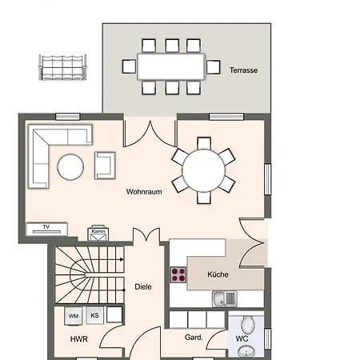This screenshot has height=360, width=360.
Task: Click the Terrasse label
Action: [x=242, y=70]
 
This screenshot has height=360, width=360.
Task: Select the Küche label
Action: [x=218, y=274]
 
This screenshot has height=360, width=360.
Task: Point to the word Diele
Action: [x=142, y=286]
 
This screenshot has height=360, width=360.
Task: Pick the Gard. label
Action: [x=194, y=338]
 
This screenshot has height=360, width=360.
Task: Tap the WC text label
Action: [x=241, y=339]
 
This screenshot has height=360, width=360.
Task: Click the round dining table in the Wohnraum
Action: [x=205, y=170]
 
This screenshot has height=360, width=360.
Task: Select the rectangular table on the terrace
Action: [x=171, y=66]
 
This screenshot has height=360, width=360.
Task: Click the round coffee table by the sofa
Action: [x=70, y=167]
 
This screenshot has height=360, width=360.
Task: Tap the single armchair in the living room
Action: [x=105, y=164]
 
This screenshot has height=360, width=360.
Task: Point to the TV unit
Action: [x=47, y=228]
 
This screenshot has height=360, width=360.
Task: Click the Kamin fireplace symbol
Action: [x=99, y=233]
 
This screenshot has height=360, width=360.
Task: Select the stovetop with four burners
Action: [x=178, y=276]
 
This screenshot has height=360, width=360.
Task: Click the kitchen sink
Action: [x=224, y=299]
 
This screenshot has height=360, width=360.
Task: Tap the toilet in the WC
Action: [x=248, y=324]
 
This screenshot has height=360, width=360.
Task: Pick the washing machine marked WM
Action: [x=74, y=316]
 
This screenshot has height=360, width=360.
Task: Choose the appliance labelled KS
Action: [x=94, y=316]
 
